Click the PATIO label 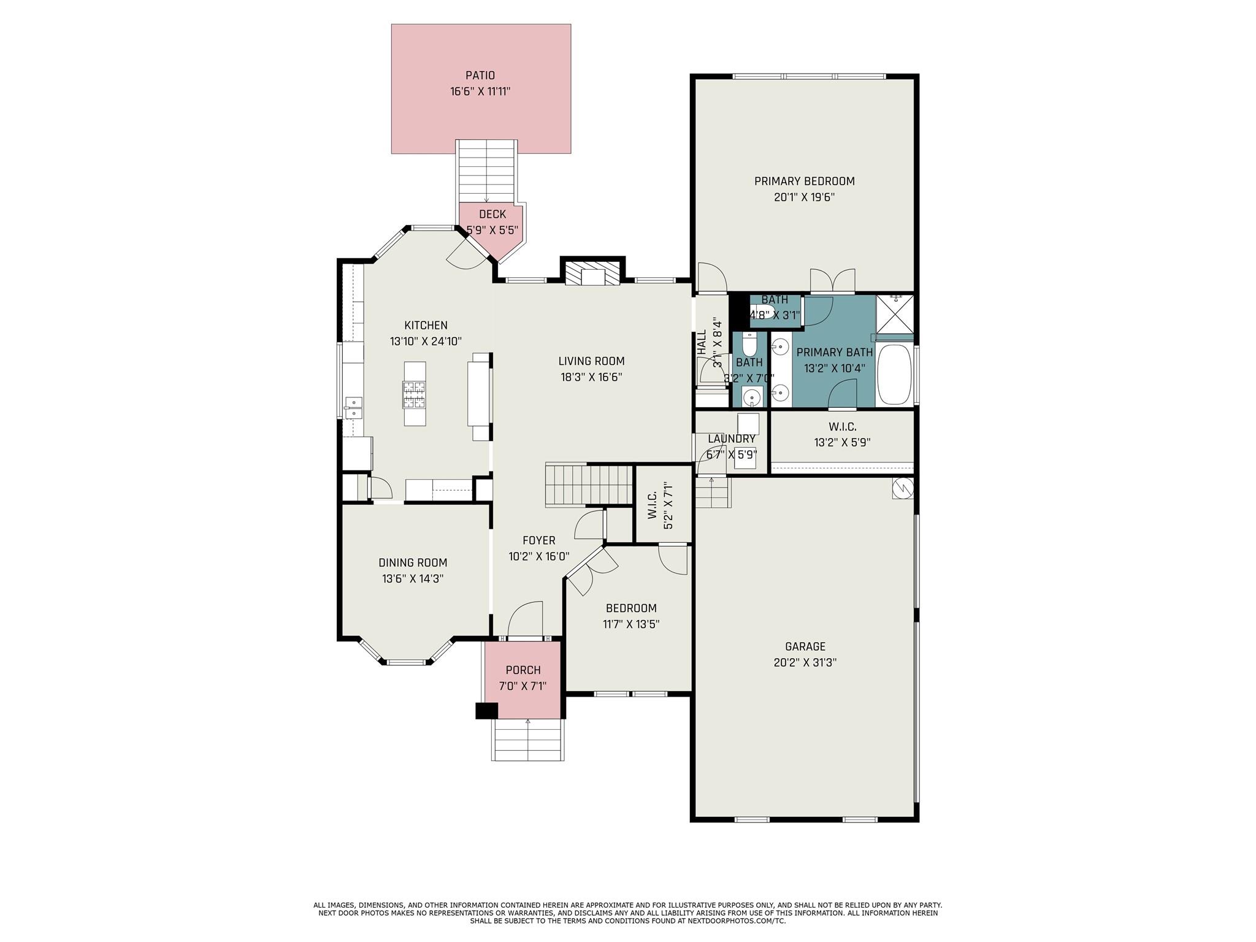(x=480, y=75)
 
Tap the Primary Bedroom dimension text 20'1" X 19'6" (x=804, y=197)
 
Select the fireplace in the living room (x=592, y=274)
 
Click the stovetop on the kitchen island (x=414, y=394)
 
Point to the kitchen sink (x=353, y=408)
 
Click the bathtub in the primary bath (x=895, y=374)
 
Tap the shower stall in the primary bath (x=895, y=315)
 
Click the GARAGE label (x=805, y=646)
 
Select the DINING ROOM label (x=413, y=562)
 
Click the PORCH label (x=523, y=670)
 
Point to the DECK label (x=492, y=214)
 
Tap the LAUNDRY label (x=732, y=439)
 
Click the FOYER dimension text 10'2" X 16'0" (x=539, y=557)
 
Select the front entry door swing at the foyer (x=526, y=619)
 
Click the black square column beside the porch (x=487, y=710)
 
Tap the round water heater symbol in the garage (x=903, y=488)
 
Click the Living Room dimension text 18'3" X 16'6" (x=591, y=378)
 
